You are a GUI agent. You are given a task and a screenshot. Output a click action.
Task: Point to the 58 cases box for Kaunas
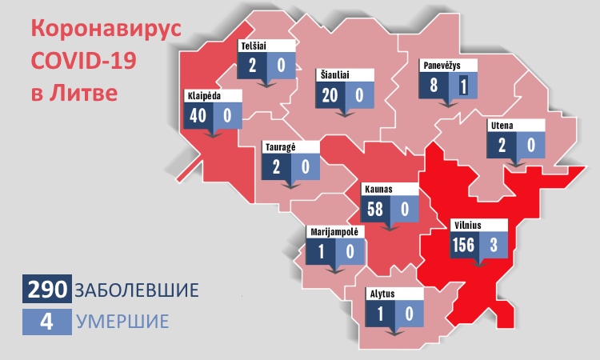(x=374, y=210)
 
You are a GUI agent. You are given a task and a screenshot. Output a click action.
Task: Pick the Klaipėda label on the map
(x=203, y=94)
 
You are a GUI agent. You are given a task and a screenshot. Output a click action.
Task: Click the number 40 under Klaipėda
(x=198, y=115)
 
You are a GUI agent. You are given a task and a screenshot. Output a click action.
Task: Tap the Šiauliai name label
(x=337, y=74)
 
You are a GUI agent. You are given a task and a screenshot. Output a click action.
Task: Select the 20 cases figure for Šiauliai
(x=330, y=95)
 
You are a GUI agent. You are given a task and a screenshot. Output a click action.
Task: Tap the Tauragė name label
(x=281, y=147)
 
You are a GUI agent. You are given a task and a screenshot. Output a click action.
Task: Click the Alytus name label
(x=382, y=293)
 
